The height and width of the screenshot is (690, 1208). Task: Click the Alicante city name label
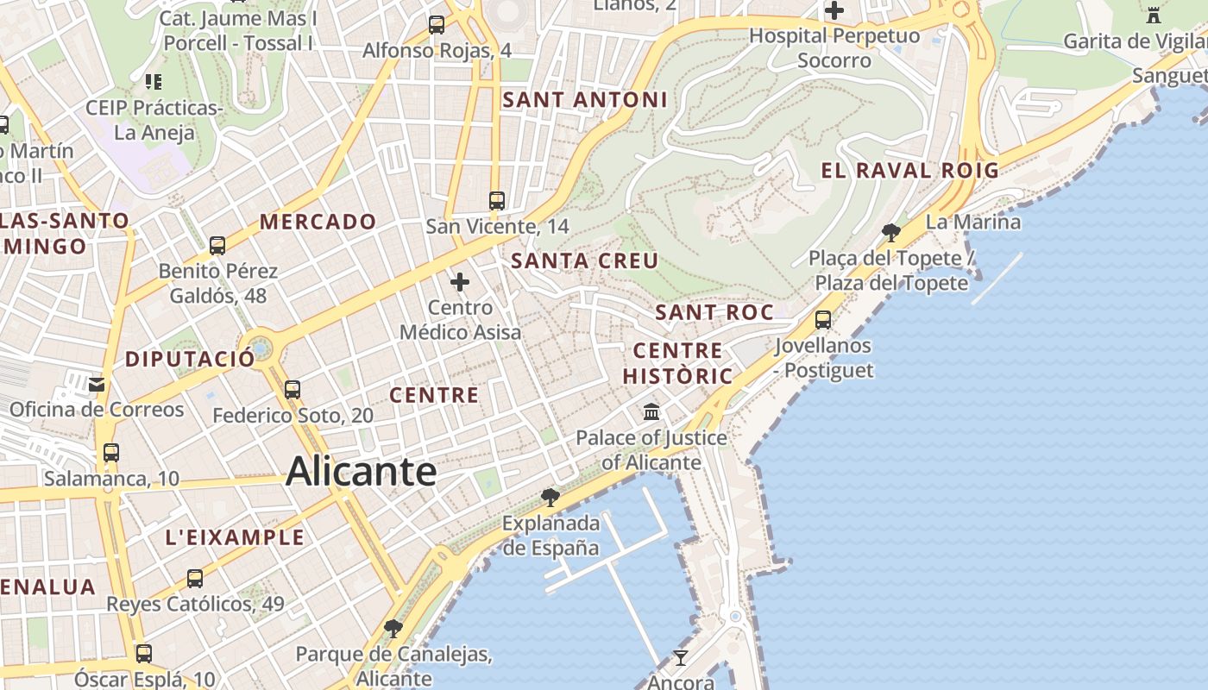(361, 471)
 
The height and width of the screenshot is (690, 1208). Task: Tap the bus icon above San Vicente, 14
(496, 201)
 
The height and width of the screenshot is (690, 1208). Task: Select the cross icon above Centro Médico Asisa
(460, 281)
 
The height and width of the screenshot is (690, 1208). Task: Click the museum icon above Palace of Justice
(651, 411)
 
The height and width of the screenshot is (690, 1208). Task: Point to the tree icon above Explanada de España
(550, 497)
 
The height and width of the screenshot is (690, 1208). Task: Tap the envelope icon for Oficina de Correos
(97, 384)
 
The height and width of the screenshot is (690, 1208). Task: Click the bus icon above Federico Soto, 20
(293, 389)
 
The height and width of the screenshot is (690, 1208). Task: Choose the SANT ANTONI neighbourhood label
(585, 99)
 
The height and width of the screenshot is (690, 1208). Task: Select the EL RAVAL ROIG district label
(909, 170)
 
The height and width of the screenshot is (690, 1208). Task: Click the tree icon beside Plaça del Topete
(891, 232)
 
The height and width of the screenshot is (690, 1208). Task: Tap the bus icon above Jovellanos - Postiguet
(823, 320)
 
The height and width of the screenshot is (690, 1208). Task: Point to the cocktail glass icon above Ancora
(681, 658)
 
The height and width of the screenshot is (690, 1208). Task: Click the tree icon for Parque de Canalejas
(393, 628)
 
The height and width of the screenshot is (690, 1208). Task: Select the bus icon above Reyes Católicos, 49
(195, 578)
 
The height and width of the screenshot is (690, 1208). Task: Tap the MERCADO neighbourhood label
(318, 222)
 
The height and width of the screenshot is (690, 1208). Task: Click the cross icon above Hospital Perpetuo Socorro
(834, 11)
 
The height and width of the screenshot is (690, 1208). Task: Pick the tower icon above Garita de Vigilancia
(1154, 15)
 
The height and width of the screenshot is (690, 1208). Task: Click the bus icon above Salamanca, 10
(110, 452)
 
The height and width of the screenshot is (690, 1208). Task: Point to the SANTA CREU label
(584, 260)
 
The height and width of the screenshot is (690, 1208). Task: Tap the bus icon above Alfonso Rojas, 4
(437, 24)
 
